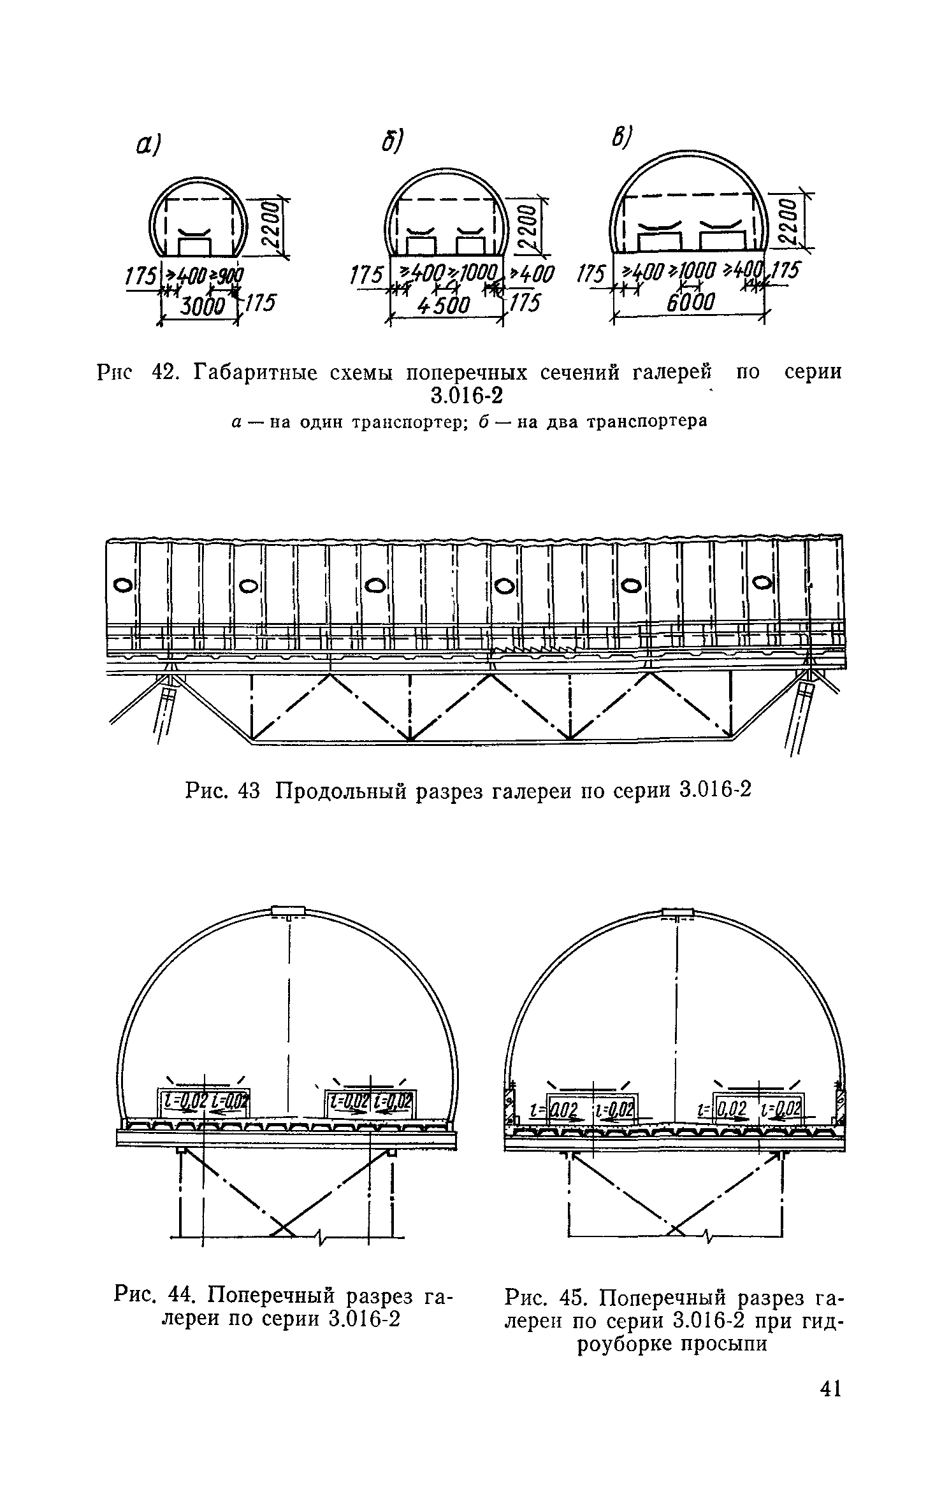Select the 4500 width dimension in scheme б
tap(444, 306)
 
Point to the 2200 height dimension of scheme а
tap(272, 226)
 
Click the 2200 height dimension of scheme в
tap(788, 220)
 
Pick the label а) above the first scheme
tap(147, 147)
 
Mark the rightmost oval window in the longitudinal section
tap(761, 582)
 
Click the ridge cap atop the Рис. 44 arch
tap(289, 912)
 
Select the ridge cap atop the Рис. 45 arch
tap(677, 913)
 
